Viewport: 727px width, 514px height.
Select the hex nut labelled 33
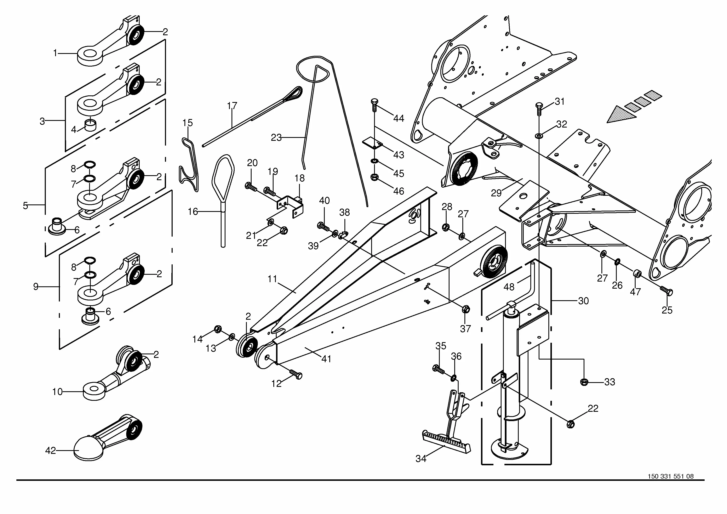click(x=584, y=382)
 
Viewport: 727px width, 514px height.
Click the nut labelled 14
click(x=218, y=329)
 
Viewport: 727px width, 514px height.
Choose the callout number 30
click(x=583, y=301)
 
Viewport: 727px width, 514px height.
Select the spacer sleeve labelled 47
click(x=637, y=273)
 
